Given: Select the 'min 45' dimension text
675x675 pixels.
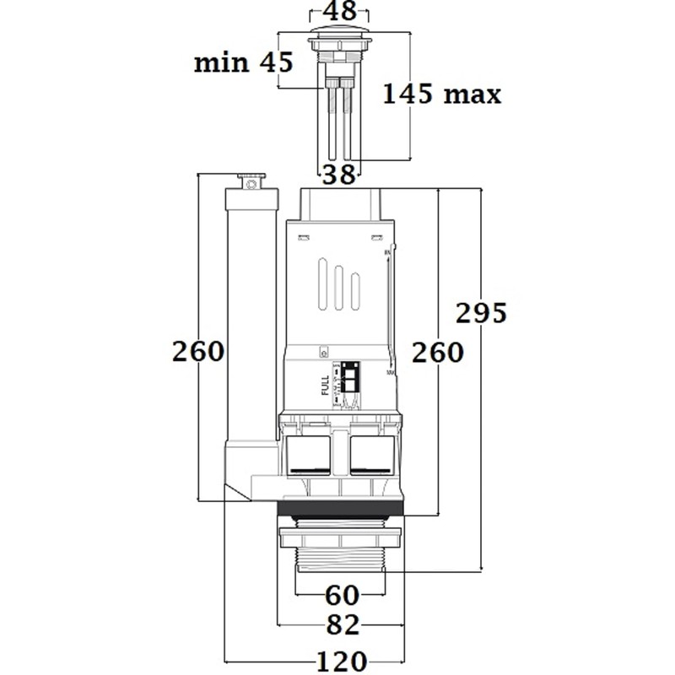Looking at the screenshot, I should (x=243, y=62).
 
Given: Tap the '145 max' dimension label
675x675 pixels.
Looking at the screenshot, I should (x=441, y=93).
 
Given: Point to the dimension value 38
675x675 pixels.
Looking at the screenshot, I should (x=339, y=174).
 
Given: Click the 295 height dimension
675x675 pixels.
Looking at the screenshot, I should (x=481, y=313).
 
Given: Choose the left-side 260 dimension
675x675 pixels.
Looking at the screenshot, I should (x=198, y=351).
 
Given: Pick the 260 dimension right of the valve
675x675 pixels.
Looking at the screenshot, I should (x=438, y=352).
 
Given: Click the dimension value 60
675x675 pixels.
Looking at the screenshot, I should (x=343, y=596).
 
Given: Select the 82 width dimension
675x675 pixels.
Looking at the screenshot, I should (x=342, y=625).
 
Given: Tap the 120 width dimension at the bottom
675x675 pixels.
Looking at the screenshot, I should (x=342, y=660).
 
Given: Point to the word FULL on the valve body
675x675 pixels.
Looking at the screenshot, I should (x=326, y=385).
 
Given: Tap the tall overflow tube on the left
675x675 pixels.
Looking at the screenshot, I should (x=251, y=321).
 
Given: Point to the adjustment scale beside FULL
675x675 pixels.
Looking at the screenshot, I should (x=349, y=385).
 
